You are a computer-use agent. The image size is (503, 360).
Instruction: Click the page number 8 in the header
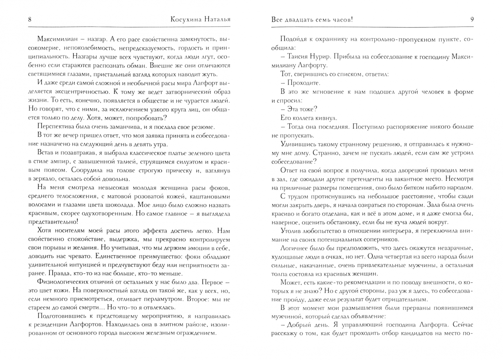tap(30, 20)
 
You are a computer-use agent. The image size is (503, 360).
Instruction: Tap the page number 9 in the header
tap(472, 20)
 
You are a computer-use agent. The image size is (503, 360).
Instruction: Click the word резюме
tap(202, 127)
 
